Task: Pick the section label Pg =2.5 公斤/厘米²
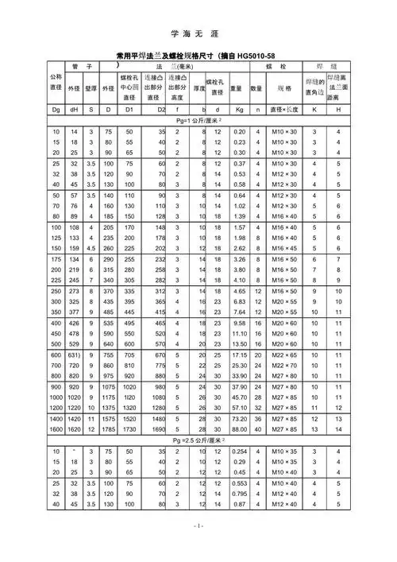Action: coord(198,440)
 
